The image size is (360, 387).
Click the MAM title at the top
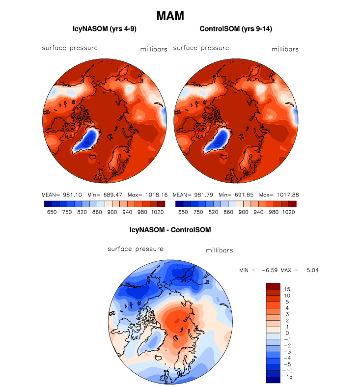170,16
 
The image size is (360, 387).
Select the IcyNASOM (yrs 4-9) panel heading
105,29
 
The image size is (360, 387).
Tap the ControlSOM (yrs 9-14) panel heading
236,29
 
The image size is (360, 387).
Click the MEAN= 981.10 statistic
62,194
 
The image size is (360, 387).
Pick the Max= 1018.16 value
147,194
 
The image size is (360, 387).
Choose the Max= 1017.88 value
279,194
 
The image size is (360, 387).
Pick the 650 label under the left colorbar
51,213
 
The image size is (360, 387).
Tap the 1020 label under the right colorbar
289,213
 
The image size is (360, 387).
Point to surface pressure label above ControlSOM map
201,48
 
